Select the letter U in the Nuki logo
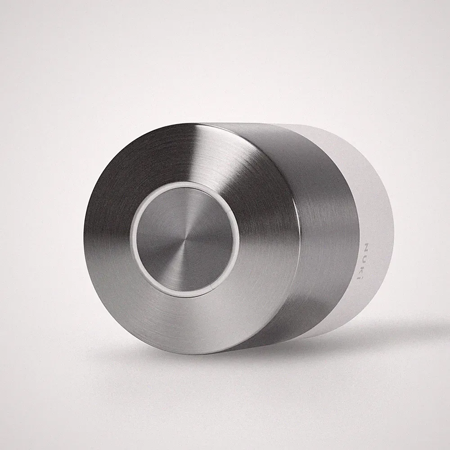tap(366, 257)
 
